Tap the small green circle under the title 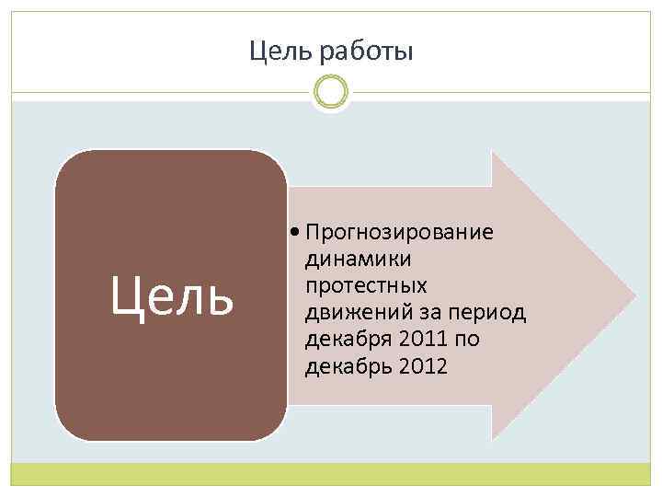pyautogui.click(x=330, y=91)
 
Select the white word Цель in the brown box pyautogui.click(x=171, y=296)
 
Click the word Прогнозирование pyautogui.click(x=400, y=231)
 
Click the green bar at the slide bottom pyautogui.click(x=330, y=474)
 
